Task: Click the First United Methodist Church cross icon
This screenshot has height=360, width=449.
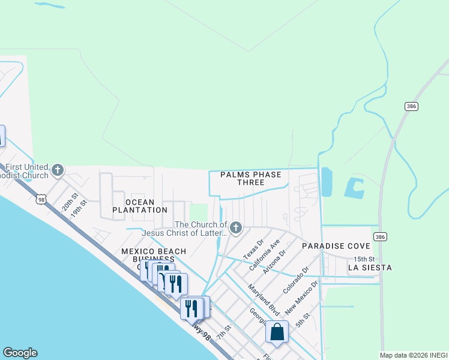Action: pyautogui.click(x=58, y=170)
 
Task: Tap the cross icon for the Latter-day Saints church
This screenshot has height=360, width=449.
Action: pyautogui.click(x=236, y=227)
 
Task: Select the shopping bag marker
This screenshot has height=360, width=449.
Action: pyautogui.click(x=277, y=332)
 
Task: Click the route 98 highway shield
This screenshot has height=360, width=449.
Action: pyautogui.click(x=41, y=199)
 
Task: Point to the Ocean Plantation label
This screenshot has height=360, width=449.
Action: pyautogui.click(x=140, y=206)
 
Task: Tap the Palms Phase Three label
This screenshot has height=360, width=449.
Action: pyautogui.click(x=250, y=178)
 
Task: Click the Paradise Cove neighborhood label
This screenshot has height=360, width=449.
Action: pyautogui.click(x=334, y=246)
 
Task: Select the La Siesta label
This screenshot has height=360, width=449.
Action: pyautogui.click(x=370, y=267)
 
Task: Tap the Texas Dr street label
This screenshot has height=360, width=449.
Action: pyautogui.click(x=253, y=250)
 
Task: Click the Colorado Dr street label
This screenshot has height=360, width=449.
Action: pyautogui.click(x=295, y=280)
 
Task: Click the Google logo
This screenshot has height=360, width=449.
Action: pyautogui.click(x=20, y=353)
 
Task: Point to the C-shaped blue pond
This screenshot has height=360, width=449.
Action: pyautogui.click(x=354, y=188)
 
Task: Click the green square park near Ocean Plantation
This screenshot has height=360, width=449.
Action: pyautogui.click(x=198, y=212)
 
